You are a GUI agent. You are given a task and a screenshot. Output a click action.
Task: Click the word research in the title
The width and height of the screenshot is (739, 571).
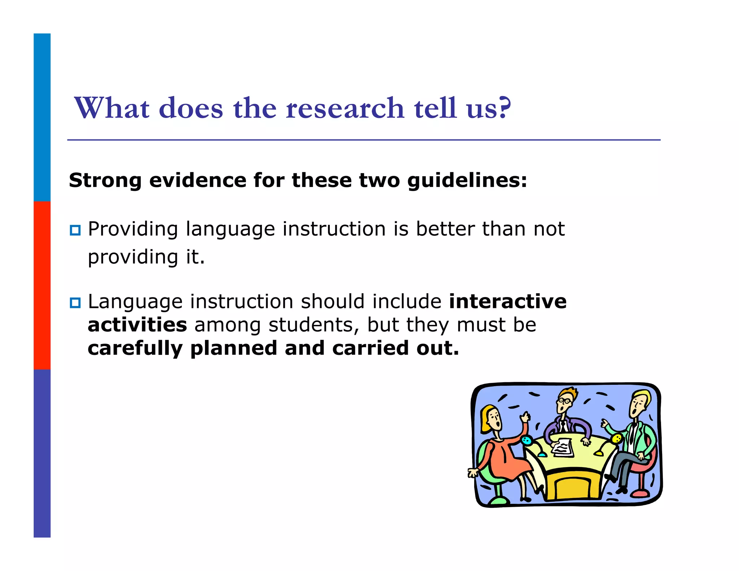(345, 108)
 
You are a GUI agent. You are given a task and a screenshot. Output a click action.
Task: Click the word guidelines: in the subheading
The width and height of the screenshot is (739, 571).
(467, 181)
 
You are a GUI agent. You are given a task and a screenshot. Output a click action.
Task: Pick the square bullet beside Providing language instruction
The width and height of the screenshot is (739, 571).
(75, 230)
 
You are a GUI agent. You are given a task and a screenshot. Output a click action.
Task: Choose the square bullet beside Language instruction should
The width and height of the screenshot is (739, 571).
(75, 302)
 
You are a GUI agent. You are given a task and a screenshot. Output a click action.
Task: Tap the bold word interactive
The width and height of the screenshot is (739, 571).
(508, 302)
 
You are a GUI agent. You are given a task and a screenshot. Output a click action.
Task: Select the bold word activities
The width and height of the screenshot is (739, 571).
(137, 325)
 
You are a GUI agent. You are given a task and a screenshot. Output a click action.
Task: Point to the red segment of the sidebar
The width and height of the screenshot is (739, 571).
(42, 285)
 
